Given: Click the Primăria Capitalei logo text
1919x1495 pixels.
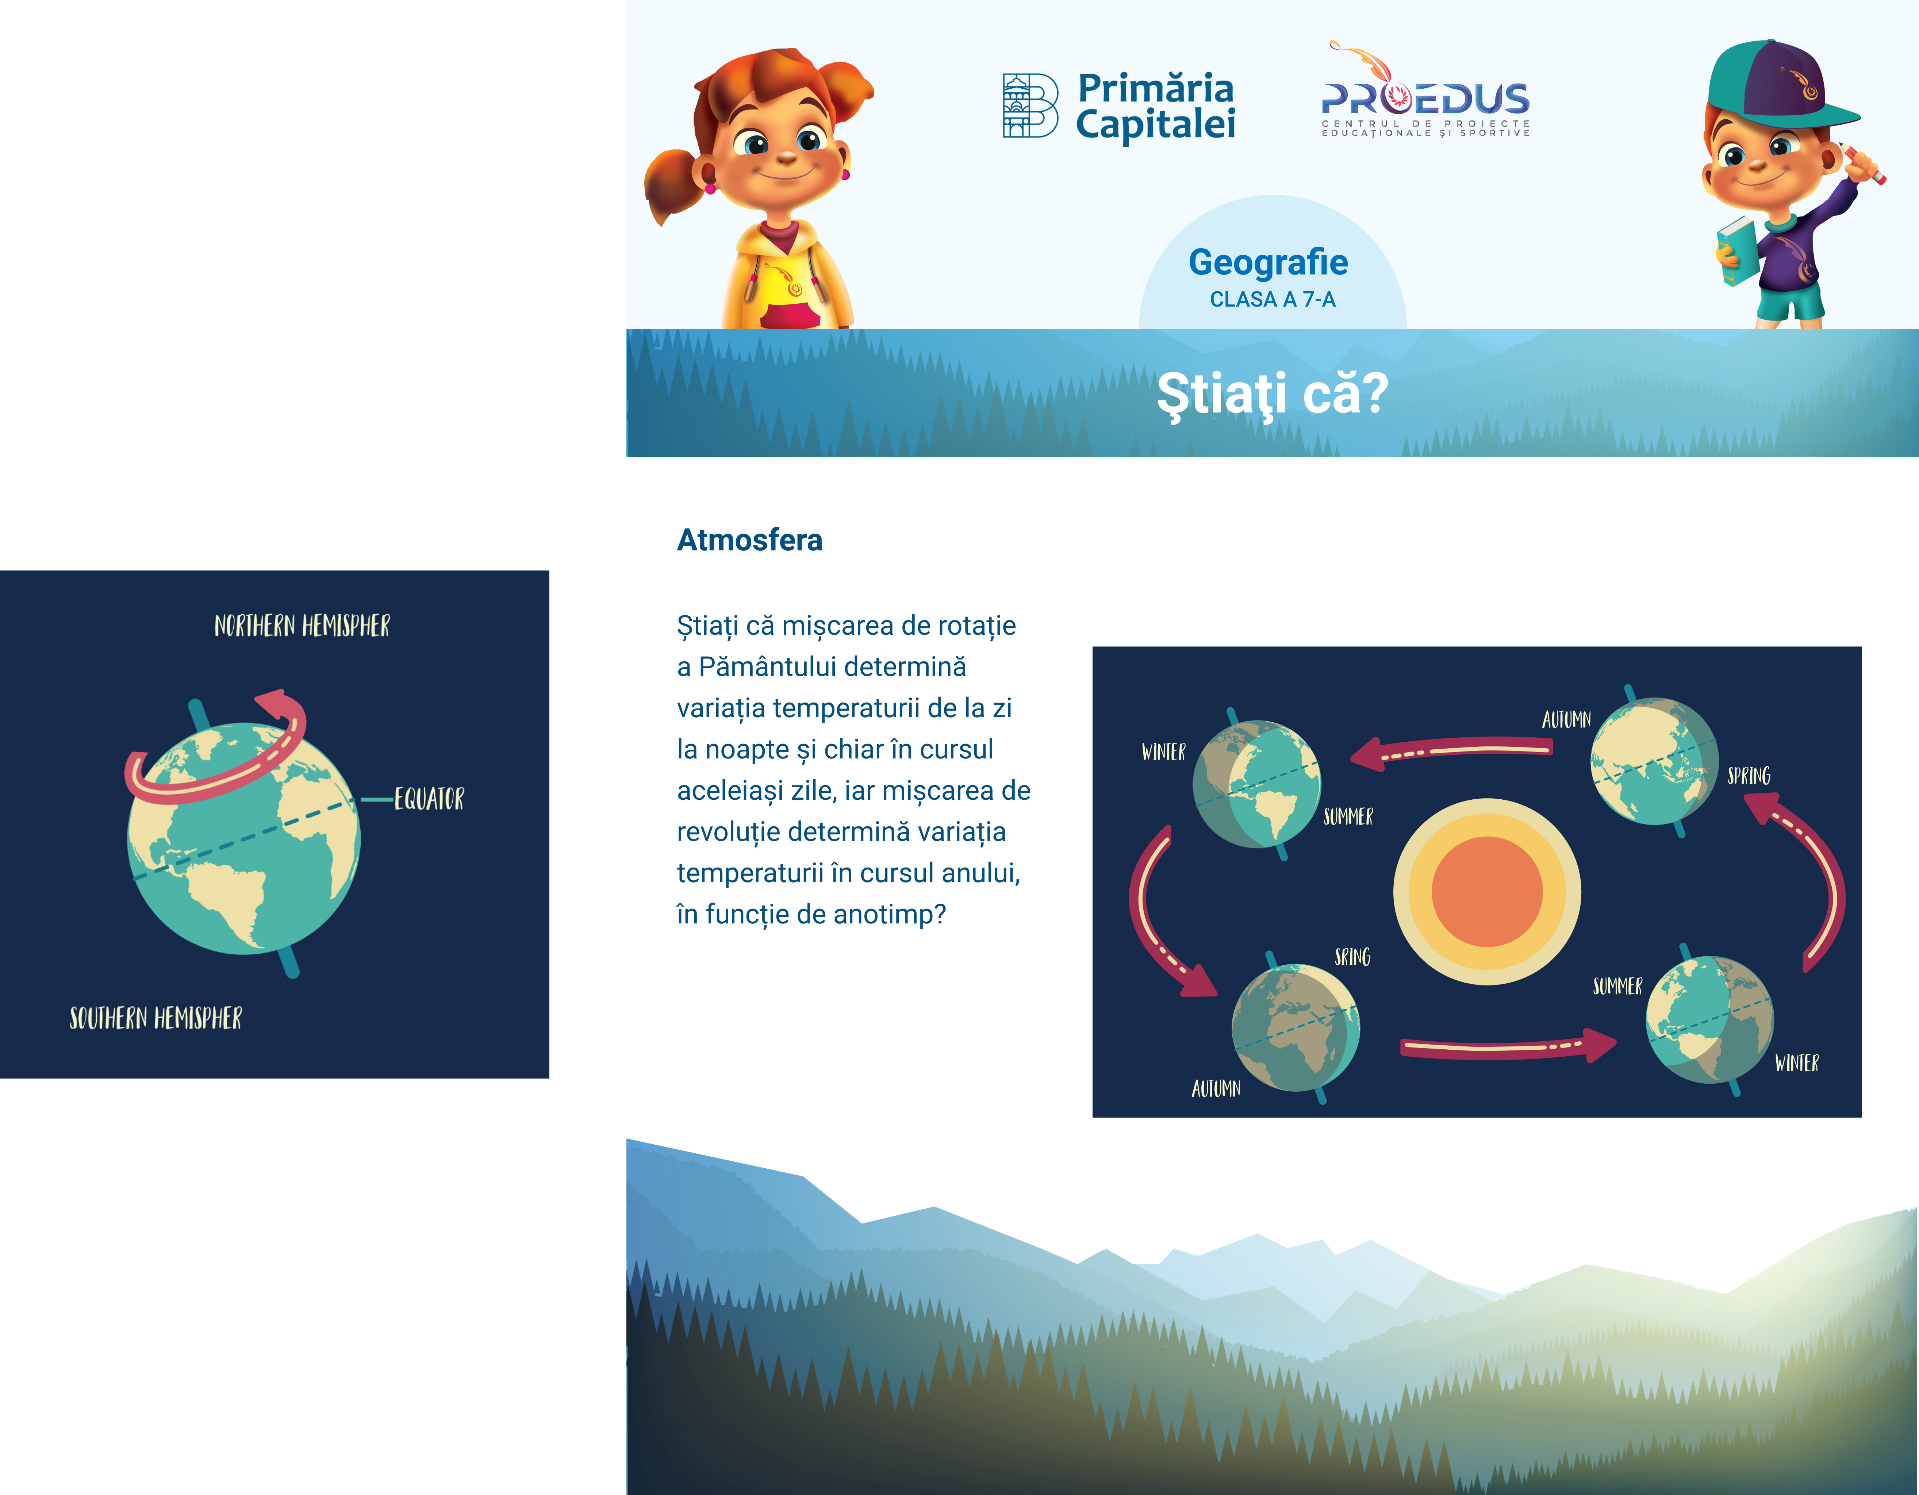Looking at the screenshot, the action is (1155, 105).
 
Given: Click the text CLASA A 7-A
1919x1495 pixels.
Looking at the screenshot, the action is (1272, 300).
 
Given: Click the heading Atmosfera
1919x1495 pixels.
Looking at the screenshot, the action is (749, 539).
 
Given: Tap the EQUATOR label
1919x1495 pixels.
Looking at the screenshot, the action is (429, 799).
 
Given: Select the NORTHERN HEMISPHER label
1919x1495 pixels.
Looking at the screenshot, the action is (302, 625).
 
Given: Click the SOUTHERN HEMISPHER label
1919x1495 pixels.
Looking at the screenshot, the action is (156, 1018).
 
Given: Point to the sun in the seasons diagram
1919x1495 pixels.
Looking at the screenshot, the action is (1487, 892).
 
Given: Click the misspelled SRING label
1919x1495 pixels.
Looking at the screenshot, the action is (1352, 957).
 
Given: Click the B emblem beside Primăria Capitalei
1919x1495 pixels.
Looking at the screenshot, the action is (1030, 105).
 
